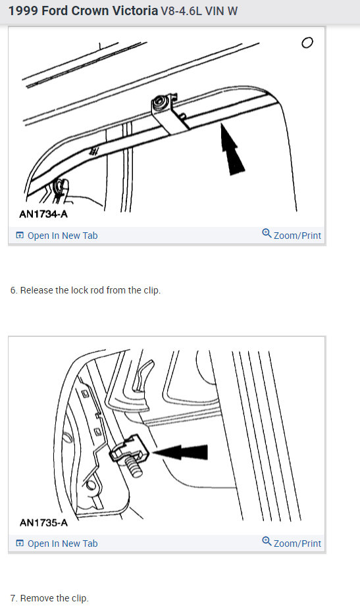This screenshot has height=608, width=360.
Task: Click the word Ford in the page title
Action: [55, 11]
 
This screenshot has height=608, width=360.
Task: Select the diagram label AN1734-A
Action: [43, 214]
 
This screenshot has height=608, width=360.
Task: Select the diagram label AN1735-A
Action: [43, 522]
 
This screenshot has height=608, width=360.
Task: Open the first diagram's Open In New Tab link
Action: [57, 236]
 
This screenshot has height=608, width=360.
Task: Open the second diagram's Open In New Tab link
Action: [57, 544]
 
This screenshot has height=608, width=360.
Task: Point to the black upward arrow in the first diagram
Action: [232, 149]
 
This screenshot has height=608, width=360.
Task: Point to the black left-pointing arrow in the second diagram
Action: [180, 452]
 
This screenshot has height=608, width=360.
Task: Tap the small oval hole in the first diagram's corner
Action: [307, 43]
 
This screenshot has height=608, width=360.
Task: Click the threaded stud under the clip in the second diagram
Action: [134, 468]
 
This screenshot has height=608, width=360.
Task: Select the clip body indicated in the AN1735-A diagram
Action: [129, 449]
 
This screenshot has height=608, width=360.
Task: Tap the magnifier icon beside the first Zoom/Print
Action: [267, 234]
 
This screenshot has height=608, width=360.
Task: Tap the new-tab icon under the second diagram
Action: [20, 544]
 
